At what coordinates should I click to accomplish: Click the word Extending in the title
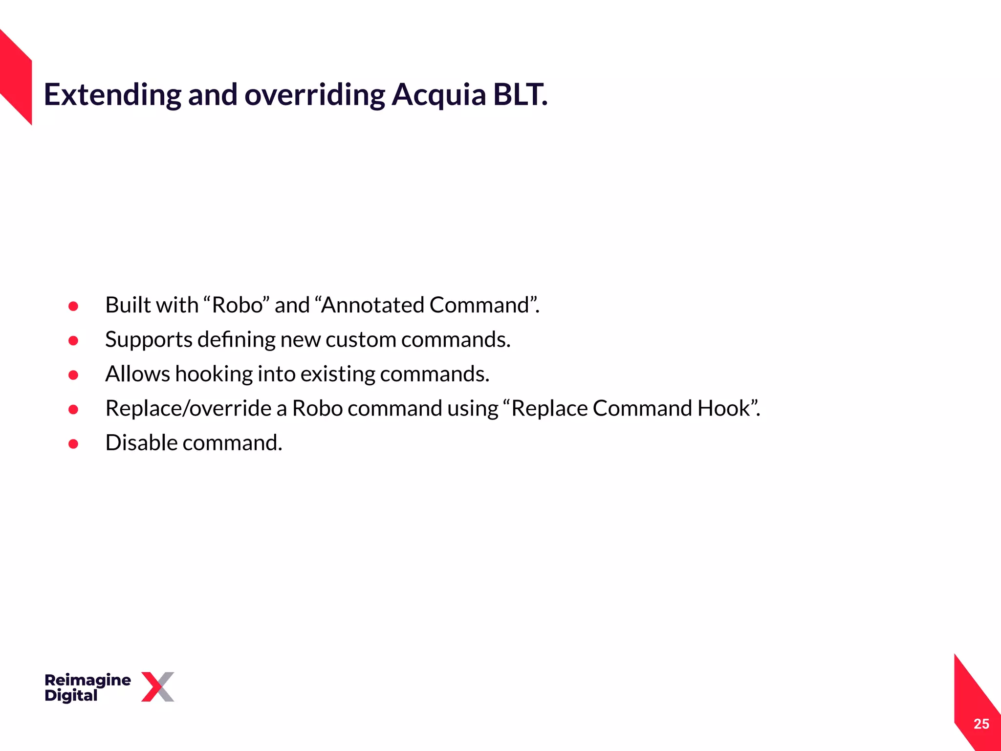[112, 94]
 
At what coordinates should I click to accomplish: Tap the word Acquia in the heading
[438, 94]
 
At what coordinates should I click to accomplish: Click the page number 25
[981, 724]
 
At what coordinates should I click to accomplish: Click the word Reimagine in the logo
[87, 680]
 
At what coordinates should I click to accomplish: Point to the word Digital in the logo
[71, 695]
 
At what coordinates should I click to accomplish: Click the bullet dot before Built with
[73, 306]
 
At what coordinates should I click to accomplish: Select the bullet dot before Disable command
[73, 444]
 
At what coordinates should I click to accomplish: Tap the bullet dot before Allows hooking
[73, 375]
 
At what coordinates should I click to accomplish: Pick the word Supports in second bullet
[149, 340]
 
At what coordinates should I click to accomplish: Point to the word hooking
[214, 374]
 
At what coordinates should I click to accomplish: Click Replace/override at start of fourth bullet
[188, 408]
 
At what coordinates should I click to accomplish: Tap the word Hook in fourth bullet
[723, 408]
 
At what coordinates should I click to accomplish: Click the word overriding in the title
[314, 94]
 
